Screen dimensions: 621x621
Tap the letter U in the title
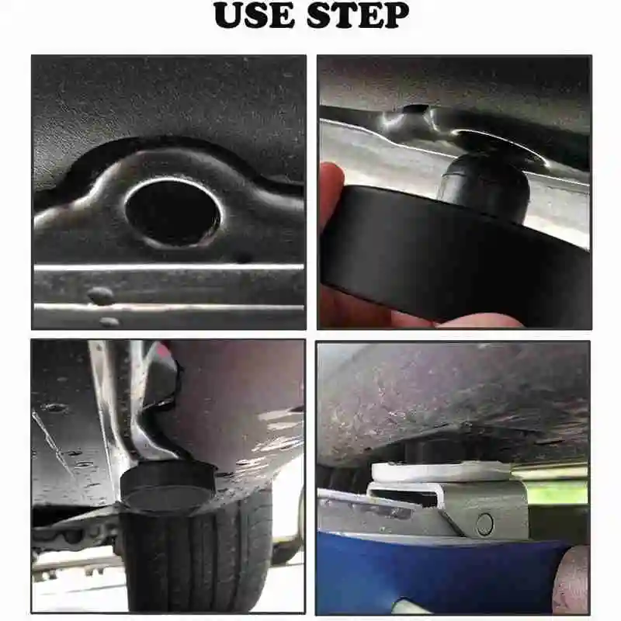(x=229, y=16)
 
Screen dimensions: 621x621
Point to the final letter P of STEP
(x=395, y=16)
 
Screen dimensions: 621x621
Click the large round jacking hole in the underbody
(x=172, y=211)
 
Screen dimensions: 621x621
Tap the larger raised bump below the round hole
(x=100, y=295)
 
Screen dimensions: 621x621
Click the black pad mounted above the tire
(x=168, y=484)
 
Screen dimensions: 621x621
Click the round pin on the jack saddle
(x=484, y=524)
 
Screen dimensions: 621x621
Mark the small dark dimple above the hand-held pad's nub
(x=415, y=109)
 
